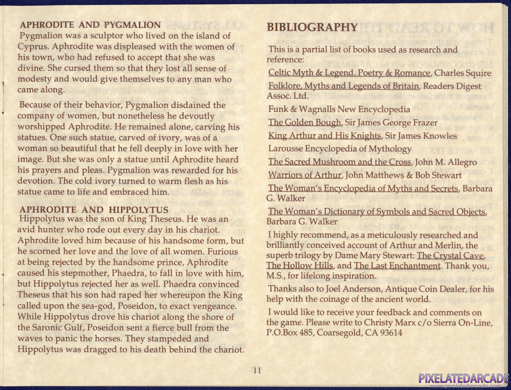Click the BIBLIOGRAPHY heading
coord(312,27)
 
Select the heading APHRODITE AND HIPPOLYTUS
coord(94,210)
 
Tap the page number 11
coord(257,370)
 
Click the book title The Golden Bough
coord(305,123)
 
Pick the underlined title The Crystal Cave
coord(451,256)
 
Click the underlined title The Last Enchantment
coord(397,266)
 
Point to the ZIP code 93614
coord(388,332)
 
